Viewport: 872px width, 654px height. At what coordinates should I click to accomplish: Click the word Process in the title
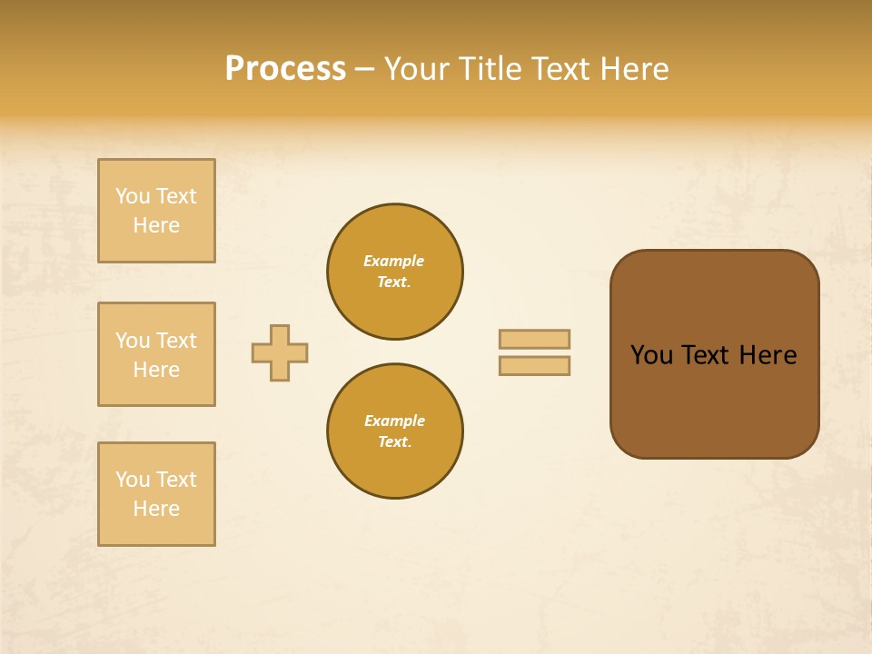(x=285, y=69)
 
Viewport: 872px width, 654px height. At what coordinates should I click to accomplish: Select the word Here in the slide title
(x=634, y=69)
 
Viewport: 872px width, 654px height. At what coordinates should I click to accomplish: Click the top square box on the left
(x=156, y=211)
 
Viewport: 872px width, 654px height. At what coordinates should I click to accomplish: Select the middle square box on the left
(x=156, y=354)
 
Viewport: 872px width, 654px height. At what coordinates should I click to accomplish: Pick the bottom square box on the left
(x=156, y=494)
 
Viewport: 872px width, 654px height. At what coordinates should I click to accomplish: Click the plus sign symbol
(x=280, y=352)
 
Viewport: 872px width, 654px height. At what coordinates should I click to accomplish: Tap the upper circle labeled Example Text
(x=395, y=272)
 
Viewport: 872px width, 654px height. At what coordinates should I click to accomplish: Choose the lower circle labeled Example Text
(x=395, y=431)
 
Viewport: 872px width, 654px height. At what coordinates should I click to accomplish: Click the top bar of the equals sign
(x=534, y=339)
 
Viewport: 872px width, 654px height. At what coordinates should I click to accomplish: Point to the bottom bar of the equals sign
(x=534, y=366)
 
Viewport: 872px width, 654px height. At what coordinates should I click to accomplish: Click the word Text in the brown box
(x=707, y=355)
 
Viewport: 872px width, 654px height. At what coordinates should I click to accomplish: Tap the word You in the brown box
(x=652, y=355)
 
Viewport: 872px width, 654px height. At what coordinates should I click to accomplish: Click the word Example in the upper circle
(x=394, y=262)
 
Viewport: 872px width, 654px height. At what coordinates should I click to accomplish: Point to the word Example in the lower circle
(x=394, y=421)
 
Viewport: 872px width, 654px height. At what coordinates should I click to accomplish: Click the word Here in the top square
(x=156, y=225)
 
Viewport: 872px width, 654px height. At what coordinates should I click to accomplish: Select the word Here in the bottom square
(x=156, y=509)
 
